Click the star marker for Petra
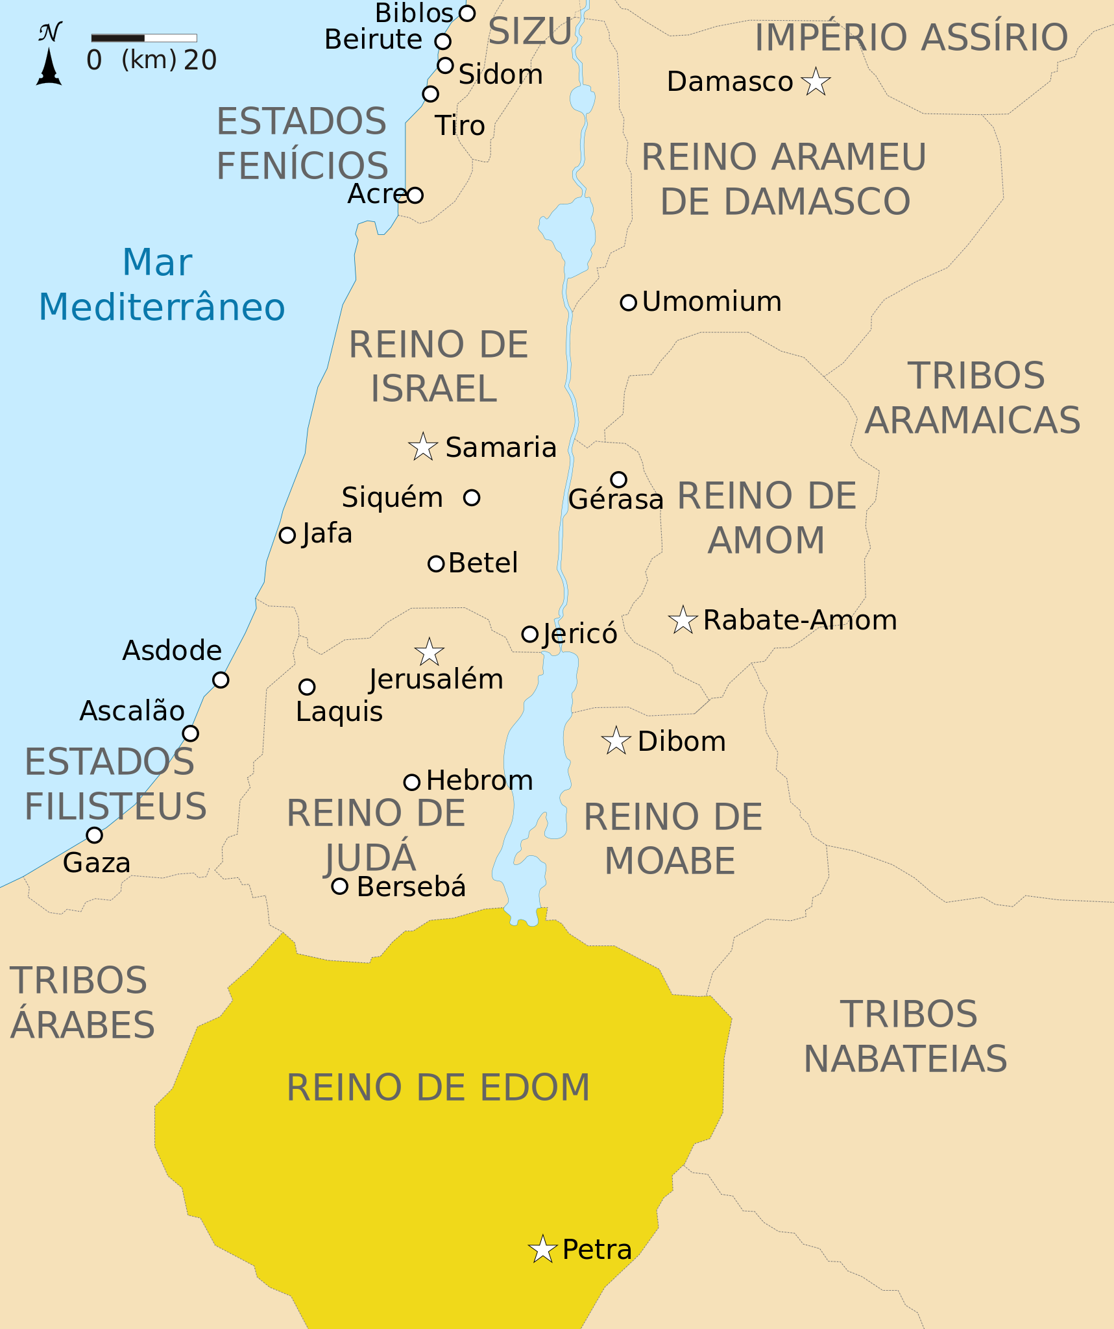click(542, 1249)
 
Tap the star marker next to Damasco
click(816, 82)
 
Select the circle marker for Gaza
click(94, 835)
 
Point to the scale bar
click(144, 38)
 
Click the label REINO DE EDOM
click(438, 1088)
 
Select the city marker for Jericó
click(529, 634)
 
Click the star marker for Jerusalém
click(429, 652)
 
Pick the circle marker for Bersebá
click(339, 886)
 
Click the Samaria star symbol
click(423, 447)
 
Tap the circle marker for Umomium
click(628, 302)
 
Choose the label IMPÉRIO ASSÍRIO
click(911, 37)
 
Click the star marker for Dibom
click(616, 741)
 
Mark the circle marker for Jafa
click(287, 535)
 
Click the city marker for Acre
click(415, 195)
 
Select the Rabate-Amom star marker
click(683, 620)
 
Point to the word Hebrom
click(479, 781)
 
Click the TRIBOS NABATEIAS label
click(906, 1036)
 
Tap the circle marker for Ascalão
click(190, 733)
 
